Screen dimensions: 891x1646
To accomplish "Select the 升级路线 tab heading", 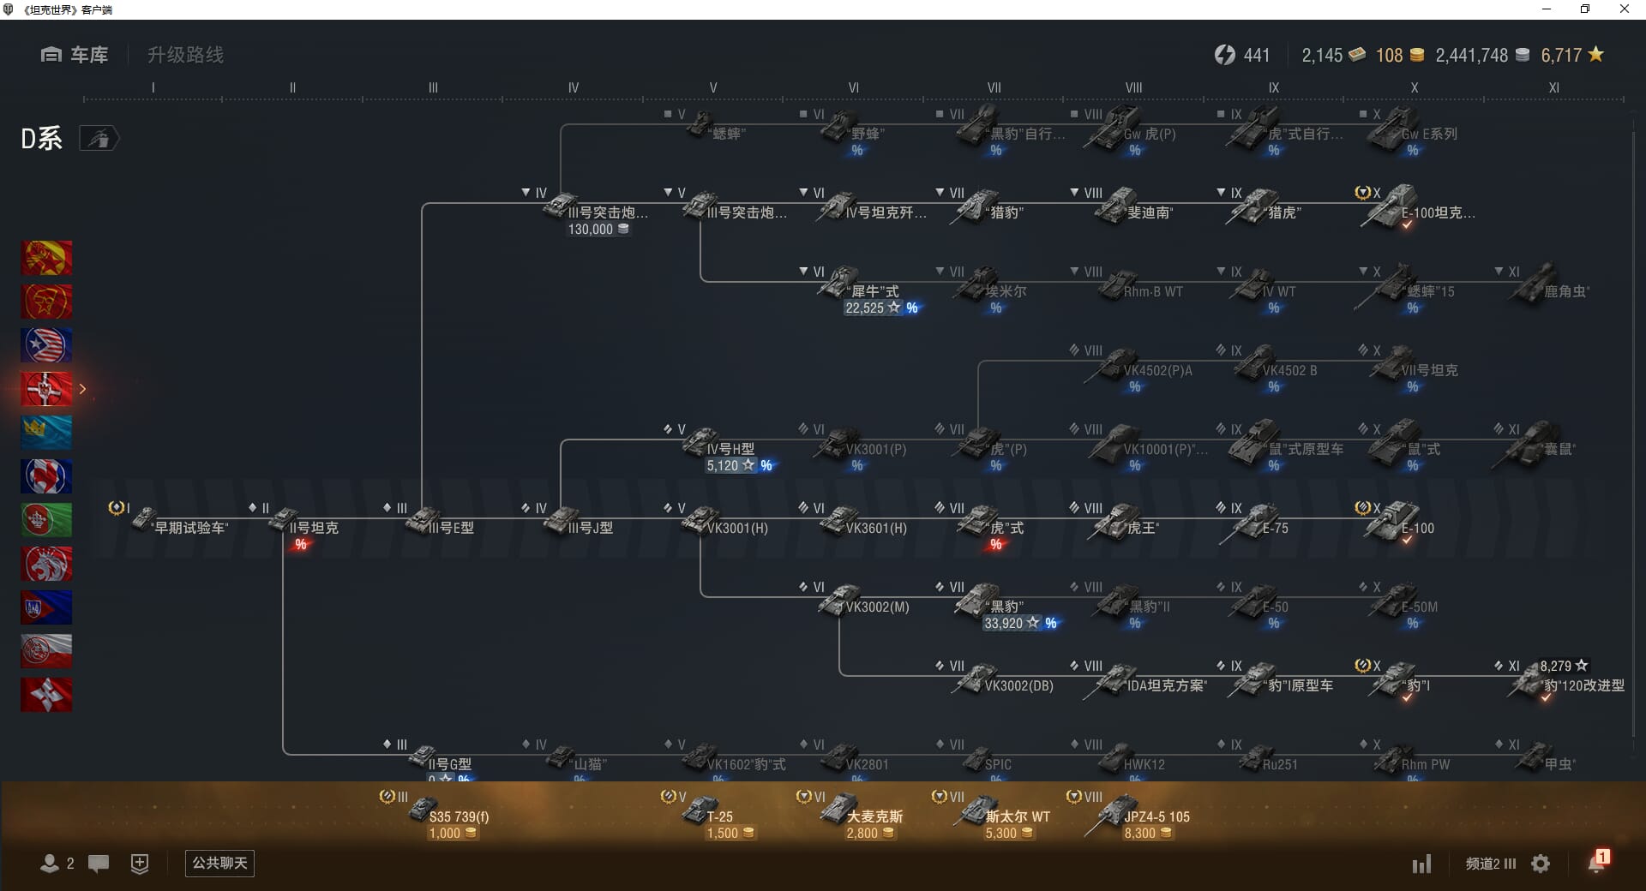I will (x=185, y=55).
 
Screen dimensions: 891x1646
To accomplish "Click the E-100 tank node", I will (x=1397, y=522).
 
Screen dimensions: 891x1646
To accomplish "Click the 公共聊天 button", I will (x=219, y=863).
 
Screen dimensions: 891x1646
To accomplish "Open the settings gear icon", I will (x=1541, y=864).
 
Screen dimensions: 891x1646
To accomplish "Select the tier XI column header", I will (x=1553, y=87).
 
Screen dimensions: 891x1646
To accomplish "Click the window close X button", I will (x=1624, y=9).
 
